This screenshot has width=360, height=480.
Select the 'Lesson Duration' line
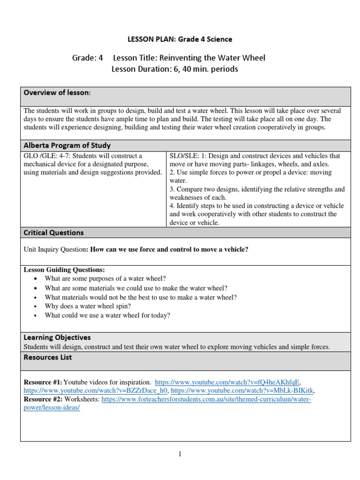175,69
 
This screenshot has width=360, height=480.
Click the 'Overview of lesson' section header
57,93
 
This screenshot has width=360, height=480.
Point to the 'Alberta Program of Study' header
67,145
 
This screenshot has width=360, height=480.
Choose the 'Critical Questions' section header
53,232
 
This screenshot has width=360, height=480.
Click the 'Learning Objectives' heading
57,337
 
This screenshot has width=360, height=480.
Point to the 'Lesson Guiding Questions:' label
64,270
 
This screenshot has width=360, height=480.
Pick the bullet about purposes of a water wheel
105,278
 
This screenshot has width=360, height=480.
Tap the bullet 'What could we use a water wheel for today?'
107,315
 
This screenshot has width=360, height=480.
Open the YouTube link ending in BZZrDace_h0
96,390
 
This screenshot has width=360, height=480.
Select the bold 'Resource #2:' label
43,399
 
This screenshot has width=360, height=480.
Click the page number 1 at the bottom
180,454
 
